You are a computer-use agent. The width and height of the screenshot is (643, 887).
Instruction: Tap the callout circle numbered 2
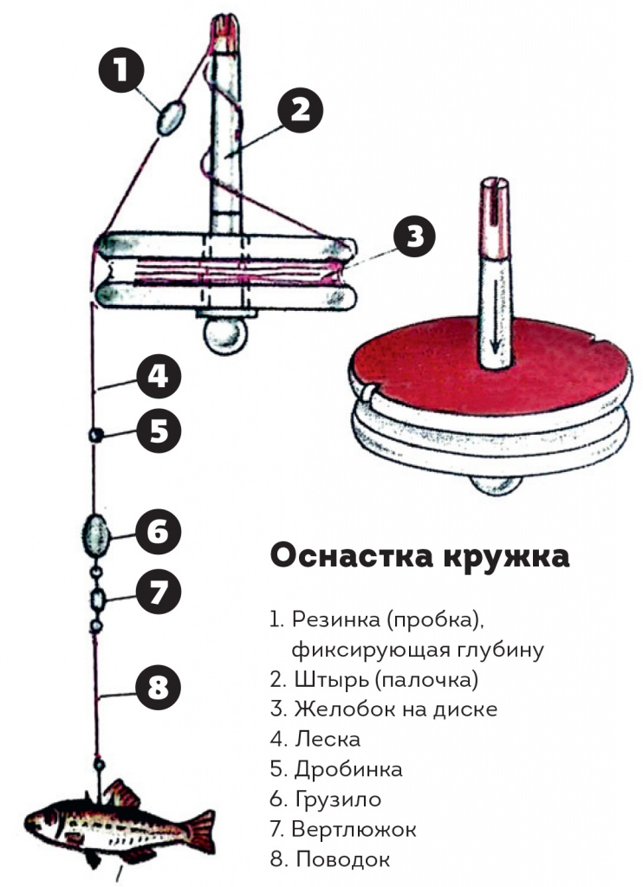300,109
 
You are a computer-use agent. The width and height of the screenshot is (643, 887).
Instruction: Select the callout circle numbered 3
415,236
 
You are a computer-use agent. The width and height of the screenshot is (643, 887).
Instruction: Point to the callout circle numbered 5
158,431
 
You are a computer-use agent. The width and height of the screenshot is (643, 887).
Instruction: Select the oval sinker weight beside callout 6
95,529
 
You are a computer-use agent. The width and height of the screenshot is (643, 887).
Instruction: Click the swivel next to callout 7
97,598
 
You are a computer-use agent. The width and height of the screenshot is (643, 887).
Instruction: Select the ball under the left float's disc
223,333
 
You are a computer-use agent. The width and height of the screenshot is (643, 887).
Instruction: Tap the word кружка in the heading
507,556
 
